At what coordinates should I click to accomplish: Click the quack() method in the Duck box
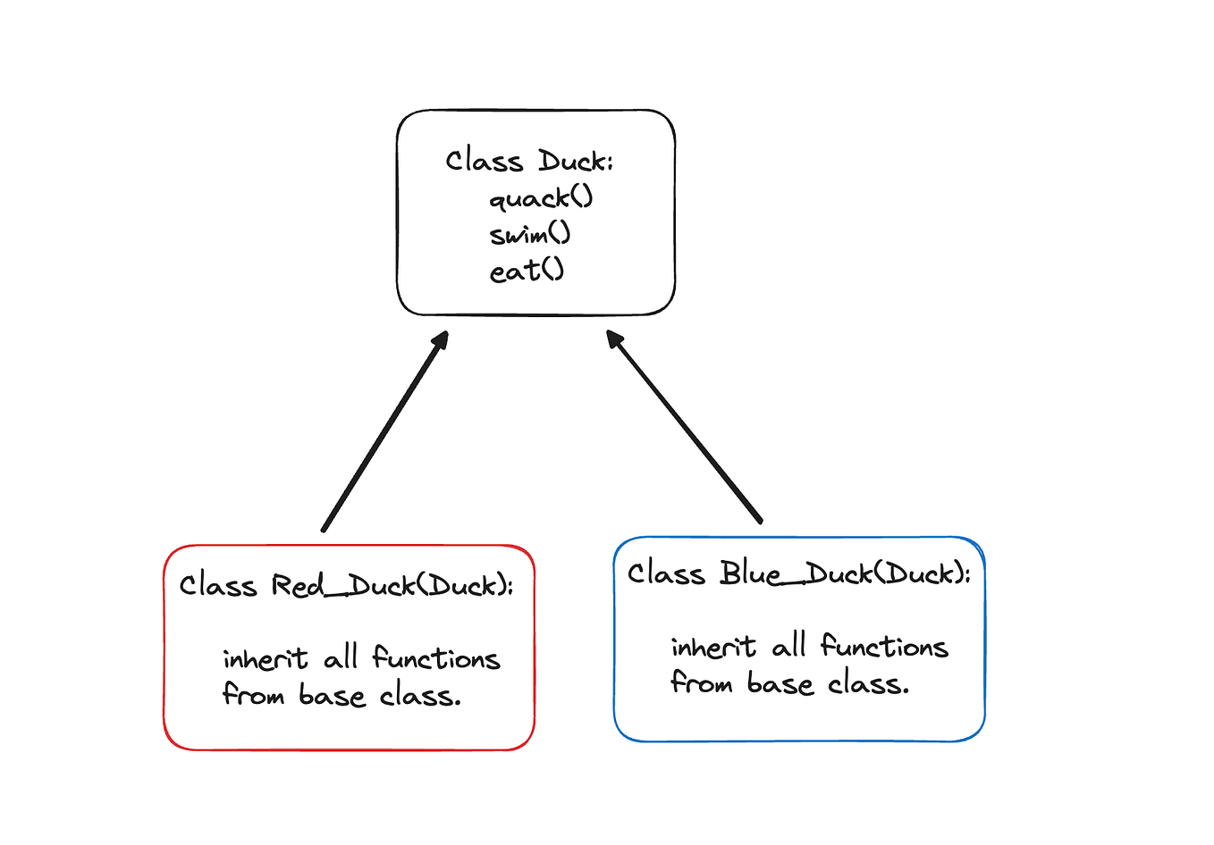coord(541,197)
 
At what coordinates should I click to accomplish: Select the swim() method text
coord(529,234)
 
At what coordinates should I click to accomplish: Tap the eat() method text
coord(527,271)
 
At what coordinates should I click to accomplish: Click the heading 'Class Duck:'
coord(529,161)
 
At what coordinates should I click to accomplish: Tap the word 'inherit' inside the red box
coord(265,659)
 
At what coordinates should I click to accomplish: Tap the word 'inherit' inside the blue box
coord(712,647)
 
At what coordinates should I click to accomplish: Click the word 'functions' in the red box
coord(435,658)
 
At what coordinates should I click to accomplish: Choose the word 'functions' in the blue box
coord(883,646)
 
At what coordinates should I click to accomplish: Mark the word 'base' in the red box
coord(332,696)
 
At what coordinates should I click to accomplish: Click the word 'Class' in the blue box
coord(665,573)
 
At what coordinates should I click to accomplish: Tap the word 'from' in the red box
coord(253,695)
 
